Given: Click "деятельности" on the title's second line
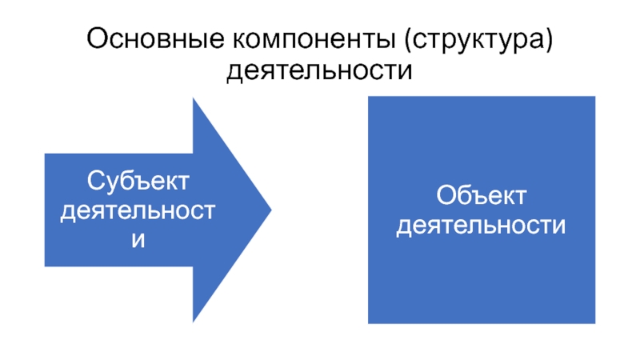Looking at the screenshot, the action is [x=320, y=72].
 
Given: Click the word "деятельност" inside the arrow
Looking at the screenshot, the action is [x=138, y=210].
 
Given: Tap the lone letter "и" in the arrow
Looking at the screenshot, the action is [x=138, y=239].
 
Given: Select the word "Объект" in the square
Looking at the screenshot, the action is [x=482, y=195].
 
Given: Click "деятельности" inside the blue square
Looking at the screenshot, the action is [x=482, y=225].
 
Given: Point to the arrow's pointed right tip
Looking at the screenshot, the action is [x=271, y=210].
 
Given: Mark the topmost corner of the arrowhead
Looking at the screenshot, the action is [x=193, y=98].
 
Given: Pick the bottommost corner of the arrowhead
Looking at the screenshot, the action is [x=193, y=322].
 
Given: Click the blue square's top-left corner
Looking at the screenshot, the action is [x=368, y=97].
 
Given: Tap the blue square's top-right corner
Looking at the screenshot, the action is [x=595, y=97].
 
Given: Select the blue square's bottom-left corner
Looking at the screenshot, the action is [x=368, y=323].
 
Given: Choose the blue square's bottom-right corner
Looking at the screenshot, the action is [x=595, y=323].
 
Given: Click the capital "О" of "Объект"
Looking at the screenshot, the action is [x=446, y=195].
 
